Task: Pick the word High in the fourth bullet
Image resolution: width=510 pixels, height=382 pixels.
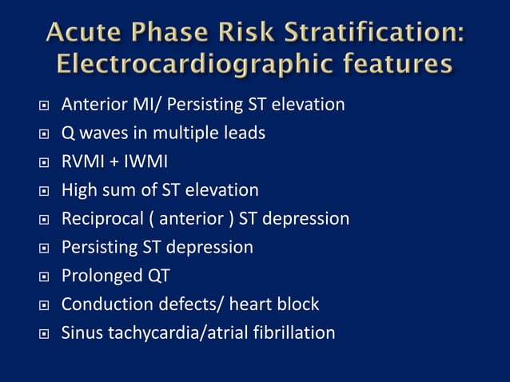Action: coord(79,190)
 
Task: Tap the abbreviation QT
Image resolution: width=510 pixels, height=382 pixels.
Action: coord(157,276)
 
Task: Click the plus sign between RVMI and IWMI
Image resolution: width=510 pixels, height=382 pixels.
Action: coord(113,162)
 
